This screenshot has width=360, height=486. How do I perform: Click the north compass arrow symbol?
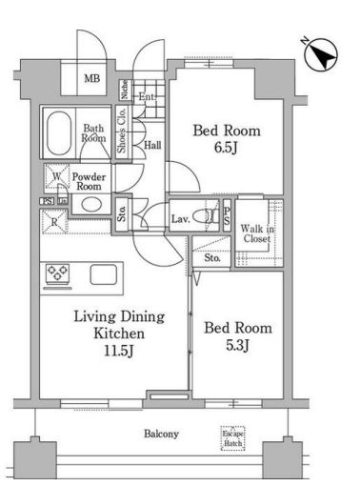click(321, 55)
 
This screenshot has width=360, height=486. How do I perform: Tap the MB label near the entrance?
click(92, 78)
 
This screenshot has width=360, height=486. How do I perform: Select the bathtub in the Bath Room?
click(59, 133)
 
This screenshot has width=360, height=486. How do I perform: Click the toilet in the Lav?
click(205, 217)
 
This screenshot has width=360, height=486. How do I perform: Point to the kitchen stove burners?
click(57, 273)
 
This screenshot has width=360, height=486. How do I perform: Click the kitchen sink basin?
click(103, 274)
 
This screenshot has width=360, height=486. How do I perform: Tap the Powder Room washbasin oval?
click(91, 205)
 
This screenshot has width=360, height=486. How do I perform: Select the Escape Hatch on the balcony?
click(233, 438)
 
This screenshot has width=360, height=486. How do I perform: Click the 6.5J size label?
click(226, 148)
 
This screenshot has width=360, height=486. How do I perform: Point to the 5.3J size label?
click(237, 345)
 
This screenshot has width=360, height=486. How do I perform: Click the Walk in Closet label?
click(257, 233)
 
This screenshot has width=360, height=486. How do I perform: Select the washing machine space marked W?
click(56, 176)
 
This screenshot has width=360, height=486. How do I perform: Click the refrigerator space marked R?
click(54, 222)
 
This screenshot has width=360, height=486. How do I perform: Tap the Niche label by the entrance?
click(125, 90)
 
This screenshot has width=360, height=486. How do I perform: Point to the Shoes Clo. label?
click(122, 131)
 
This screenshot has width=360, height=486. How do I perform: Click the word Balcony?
click(161, 434)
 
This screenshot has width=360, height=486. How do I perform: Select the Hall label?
click(152, 146)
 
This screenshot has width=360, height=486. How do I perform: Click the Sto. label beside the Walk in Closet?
click(212, 258)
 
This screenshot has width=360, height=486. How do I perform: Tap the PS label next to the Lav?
click(227, 215)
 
